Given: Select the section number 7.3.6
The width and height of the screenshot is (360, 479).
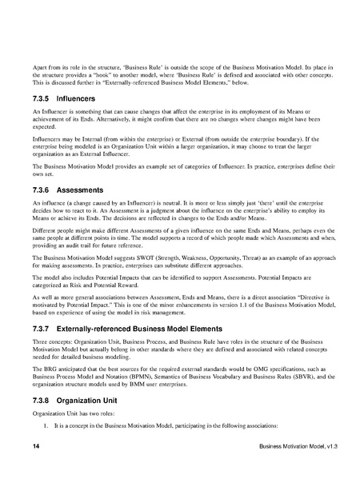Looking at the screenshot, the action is click(42, 191).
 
